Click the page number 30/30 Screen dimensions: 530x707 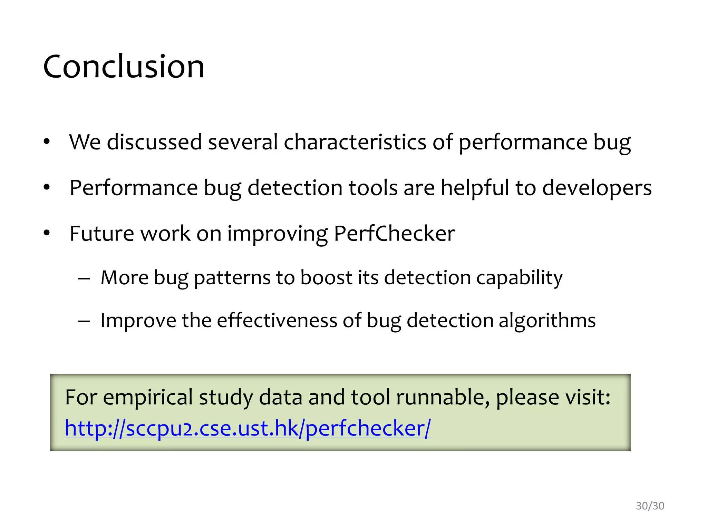[650, 506]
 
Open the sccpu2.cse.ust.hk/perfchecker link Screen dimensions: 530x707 [248, 428]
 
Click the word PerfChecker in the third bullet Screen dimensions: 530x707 [394, 234]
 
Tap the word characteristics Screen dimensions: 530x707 [355, 142]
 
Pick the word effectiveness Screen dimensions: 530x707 [277, 321]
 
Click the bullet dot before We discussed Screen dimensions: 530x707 [47, 142]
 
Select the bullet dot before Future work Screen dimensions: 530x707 [47, 233]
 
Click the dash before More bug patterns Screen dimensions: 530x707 [84, 278]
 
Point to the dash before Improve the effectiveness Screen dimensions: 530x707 [84, 321]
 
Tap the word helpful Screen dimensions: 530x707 [475, 188]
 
